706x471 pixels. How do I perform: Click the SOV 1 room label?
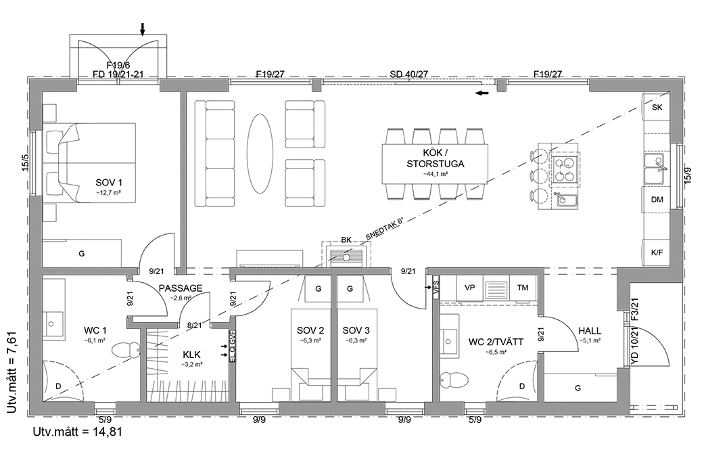pos(108,183)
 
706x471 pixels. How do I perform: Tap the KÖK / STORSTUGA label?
pos(436,158)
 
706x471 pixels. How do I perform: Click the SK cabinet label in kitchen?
pos(656,108)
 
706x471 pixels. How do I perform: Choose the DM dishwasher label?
pos(656,200)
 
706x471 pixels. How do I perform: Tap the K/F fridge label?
pos(656,252)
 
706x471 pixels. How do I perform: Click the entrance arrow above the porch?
pos(143,28)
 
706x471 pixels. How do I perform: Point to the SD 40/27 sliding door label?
pos(408,74)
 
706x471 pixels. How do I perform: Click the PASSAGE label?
pos(181,288)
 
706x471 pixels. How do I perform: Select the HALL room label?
pos(590,331)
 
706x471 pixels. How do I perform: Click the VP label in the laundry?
pos(469,288)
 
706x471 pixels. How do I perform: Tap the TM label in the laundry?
pos(522,288)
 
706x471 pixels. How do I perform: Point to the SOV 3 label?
pos(356,330)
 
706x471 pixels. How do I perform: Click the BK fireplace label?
pos(346,240)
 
